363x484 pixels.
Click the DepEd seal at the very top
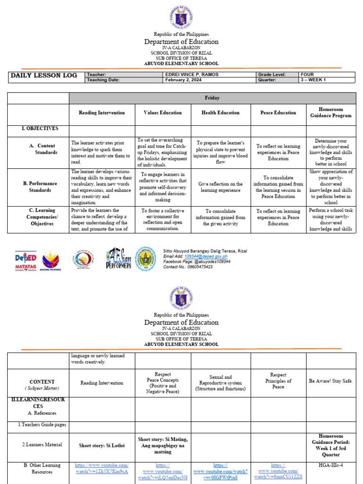(181, 17)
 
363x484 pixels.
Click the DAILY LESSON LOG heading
(43, 76)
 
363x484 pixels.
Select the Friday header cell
(212, 98)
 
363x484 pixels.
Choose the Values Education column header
(163, 113)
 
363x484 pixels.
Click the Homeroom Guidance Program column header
(331, 112)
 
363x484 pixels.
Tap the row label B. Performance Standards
(40, 187)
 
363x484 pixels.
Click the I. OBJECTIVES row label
(28, 129)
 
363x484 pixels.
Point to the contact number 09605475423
(195, 267)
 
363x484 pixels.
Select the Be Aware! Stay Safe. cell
(331, 381)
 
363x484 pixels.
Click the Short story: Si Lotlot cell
(102, 445)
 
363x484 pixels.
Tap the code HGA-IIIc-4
(331, 466)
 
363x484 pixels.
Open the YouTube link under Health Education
(220, 471)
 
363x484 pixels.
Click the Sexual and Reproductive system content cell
(220, 383)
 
